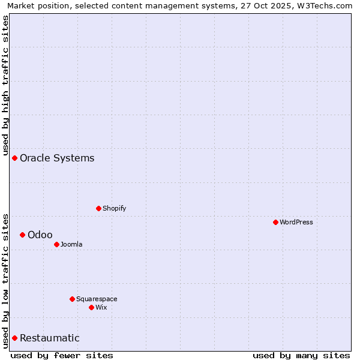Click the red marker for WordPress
[x=275, y=222]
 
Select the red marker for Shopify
[x=98, y=208]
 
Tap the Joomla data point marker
[x=56, y=244]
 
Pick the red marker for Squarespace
[x=72, y=299]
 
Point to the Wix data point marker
[x=91, y=307]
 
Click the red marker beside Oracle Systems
[x=14, y=158]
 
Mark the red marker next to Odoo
[x=22, y=235]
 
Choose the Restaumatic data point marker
[x=14, y=338]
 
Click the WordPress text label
[x=296, y=222]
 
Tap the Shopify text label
[x=114, y=208]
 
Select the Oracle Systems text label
[x=57, y=158]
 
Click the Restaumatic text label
[x=50, y=338]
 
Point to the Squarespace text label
[x=97, y=299]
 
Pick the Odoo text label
[x=40, y=235]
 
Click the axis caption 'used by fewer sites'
[x=62, y=355]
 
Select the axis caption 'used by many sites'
[x=301, y=355]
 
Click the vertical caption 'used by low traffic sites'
[x=5, y=280]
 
